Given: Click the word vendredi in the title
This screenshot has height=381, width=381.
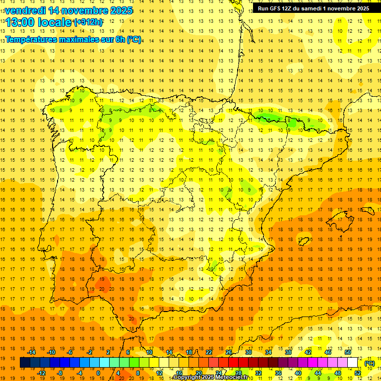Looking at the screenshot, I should tap(25, 10).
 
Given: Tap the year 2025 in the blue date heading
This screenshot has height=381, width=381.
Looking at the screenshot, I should tap(119, 10).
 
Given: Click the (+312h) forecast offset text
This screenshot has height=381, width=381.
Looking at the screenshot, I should tap(88, 22).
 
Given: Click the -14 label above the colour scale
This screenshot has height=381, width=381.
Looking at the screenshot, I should tap(31, 352).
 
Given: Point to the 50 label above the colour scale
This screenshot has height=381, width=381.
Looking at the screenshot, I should tap(348, 352).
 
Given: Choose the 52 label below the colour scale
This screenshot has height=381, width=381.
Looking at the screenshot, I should tap(357, 373).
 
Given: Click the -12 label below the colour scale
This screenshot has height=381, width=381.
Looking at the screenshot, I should tap(41, 373).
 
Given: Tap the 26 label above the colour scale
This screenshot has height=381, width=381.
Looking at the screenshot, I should tap(229, 352).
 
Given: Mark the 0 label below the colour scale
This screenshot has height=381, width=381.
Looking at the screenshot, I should tap(98, 373).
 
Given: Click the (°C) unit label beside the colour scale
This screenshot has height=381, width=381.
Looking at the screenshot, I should tap(370, 363).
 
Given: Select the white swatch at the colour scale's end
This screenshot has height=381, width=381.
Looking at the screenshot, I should tap(353, 363).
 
